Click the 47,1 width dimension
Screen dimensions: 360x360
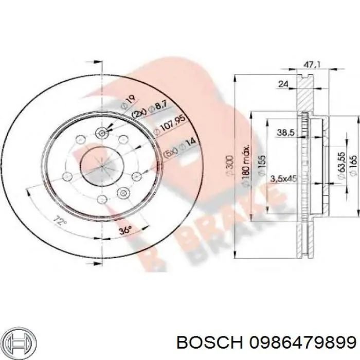click(312, 64)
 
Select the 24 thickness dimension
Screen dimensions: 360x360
click(283, 84)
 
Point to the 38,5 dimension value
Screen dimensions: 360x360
click(285, 133)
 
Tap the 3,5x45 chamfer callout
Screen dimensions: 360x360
click(284, 178)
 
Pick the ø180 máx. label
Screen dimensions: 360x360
click(246, 166)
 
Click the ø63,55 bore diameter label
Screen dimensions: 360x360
click(341, 165)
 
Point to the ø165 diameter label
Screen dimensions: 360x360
click(353, 166)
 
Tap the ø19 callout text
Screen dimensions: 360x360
click(128, 102)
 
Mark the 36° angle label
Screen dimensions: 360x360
click(125, 230)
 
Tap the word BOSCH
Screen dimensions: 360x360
click(210, 343)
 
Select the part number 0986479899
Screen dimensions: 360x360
click(303, 343)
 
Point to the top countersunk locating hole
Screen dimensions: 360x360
click(101, 133)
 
